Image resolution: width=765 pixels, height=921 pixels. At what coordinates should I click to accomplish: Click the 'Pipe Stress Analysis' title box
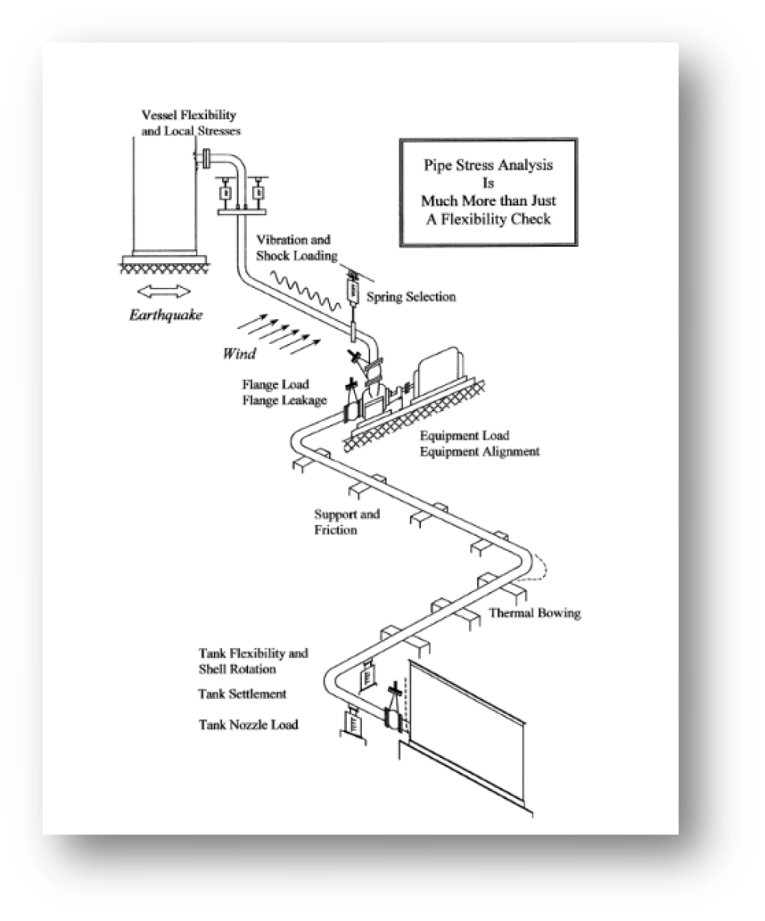point(488,192)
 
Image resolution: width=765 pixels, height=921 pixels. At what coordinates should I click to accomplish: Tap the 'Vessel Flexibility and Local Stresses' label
point(191,123)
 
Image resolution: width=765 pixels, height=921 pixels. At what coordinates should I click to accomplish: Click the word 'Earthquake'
point(166,315)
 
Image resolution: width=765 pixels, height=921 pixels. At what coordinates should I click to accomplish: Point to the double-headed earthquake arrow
point(164,291)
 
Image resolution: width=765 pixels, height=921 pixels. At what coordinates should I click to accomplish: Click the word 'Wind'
point(239,354)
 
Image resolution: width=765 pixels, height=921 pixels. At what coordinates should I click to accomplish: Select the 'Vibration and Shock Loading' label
point(296,248)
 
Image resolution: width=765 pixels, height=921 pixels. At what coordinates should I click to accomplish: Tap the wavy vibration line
point(305,290)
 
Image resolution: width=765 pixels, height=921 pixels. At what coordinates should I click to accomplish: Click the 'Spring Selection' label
point(411,297)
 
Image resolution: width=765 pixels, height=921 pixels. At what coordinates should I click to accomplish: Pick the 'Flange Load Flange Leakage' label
point(285,392)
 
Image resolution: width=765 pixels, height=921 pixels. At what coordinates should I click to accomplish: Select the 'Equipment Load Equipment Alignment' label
point(479,443)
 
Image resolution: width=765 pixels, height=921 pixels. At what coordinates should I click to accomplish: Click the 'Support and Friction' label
point(347,522)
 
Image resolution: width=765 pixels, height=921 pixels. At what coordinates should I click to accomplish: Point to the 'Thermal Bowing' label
point(535,613)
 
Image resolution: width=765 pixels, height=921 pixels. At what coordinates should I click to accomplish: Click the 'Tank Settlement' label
point(242,694)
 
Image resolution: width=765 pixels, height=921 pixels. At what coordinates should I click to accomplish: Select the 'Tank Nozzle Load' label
point(248,724)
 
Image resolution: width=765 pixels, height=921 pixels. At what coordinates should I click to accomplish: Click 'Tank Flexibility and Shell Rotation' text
point(254,661)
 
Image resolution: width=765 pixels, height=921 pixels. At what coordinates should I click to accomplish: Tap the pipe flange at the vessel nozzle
point(206,158)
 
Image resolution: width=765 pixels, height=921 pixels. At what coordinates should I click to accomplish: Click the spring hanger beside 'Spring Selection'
point(353,290)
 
